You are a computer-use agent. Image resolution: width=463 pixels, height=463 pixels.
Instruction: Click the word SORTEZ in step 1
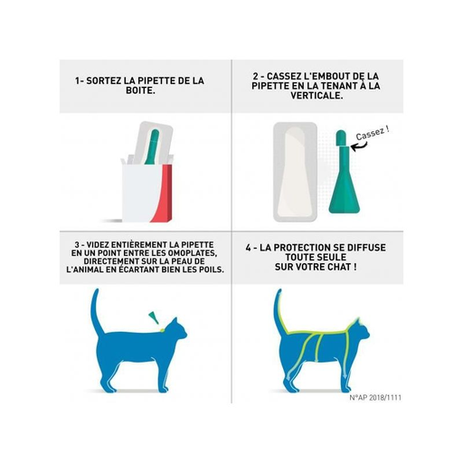[102, 80]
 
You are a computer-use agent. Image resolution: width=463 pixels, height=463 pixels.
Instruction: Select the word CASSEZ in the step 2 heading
[279, 76]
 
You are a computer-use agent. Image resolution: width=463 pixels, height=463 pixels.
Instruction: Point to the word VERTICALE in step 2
[316, 96]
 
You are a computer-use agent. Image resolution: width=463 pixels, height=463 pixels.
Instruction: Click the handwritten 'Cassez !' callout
[373, 133]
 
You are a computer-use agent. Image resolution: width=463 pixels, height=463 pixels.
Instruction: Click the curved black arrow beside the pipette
[360, 146]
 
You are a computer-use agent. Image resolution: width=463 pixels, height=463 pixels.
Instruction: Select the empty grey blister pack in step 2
[295, 171]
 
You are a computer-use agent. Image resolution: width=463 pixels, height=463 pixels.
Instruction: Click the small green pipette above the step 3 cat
[154, 317]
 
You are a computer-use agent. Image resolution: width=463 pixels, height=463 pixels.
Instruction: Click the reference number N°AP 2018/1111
[375, 398]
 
